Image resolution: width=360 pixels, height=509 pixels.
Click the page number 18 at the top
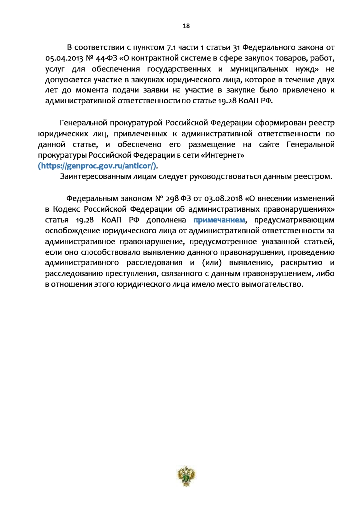pyautogui.click(x=186, y=26)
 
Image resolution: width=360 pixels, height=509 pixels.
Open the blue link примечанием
pyautogui.click(x=220, y=219)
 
